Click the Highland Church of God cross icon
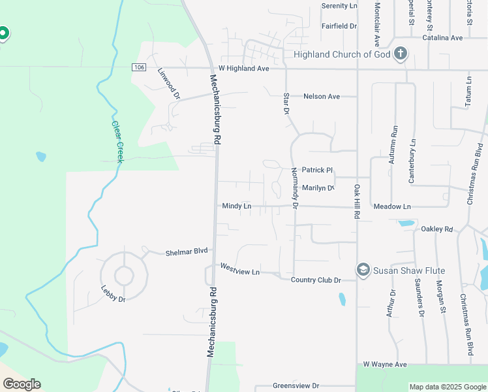click(401, 54)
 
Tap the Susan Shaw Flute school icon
click(363, 270)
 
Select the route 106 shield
click(138, 67)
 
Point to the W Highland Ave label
click(244, 68)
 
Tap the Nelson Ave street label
click(322, 97)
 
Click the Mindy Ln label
click(237, 206)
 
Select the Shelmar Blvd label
click(186, 252)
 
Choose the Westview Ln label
click(240, 269)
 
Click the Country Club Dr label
click(316, 280)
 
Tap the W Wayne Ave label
click(385, 364)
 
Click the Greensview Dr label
click(296, 386)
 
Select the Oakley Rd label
click(437, 229)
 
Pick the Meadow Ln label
click(392, 206)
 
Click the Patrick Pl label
click(317, 170)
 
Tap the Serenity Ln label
click(340, 6)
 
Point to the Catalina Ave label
click(442, 38)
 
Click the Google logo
click(22, 384)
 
